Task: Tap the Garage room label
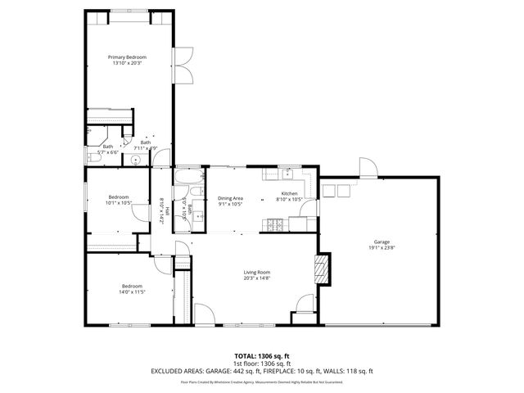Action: (x=382, y=242)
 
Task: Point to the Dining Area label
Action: (x=230, y=198)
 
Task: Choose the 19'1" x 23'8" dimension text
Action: (x=382, y=248)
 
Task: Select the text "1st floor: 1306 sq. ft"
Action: (x=261, y=363)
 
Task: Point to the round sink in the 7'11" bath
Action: (x=137, y=161)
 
